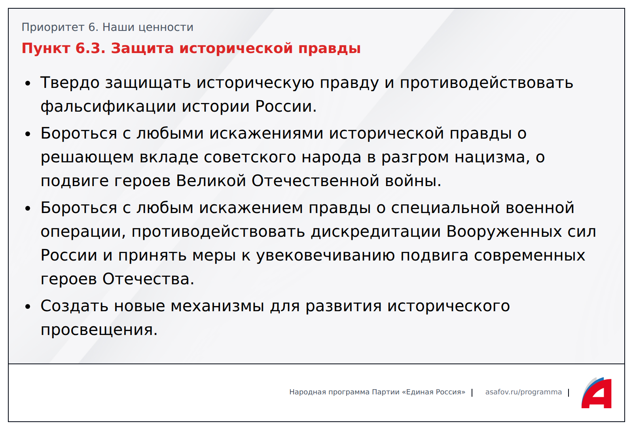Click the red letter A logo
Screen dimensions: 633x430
pyautogui.click(x=597, y=393)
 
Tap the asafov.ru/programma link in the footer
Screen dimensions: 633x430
pyautogui.click(x=524, y=392)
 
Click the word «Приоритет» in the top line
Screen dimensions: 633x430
pyautogui.click(x=53, y=27)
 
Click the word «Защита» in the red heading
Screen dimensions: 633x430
pyautogui.click(x=142, y=48)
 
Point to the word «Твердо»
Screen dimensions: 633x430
pyautogui.click(x=70, y=83)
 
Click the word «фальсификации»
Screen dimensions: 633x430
pyautogui.click(x=108, y=107)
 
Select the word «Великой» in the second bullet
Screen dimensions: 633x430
pyautogui.click(x=211, y=181)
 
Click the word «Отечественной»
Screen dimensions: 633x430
pyautogui.click(x=315, y=181)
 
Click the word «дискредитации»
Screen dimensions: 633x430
pyautogui.click(x=376, y=232)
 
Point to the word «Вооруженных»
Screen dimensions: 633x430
pyautogui.click(x=504, y=232)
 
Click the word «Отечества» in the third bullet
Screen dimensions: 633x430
pyautogui.click(x=148, y=279)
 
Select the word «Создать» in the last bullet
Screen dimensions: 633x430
pyautogui.click(x=74, y=306)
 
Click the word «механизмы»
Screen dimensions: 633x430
pyautogui.click(x=217, y=306)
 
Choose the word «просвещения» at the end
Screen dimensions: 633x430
pyautogui.click(x=99, y=330)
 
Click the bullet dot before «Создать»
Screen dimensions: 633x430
pyautogui.click(x=27, y=306)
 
